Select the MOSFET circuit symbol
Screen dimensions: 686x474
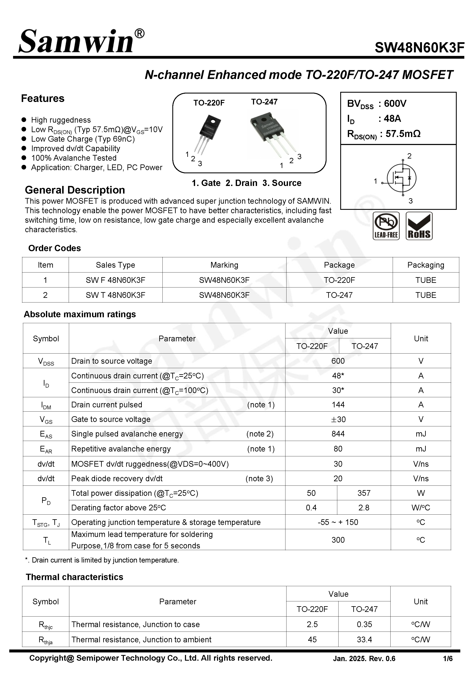(401, 178)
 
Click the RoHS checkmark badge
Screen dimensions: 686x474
(419, 226)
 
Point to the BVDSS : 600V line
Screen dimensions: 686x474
(377, 103)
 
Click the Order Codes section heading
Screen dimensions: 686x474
(54, 248)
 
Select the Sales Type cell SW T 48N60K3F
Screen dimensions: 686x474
(115, 295)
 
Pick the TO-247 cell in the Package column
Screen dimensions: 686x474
(339, 295)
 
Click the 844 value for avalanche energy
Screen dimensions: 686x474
(338, 434)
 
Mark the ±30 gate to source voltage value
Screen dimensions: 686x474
(338, 419)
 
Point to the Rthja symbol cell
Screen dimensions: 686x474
(46, 640)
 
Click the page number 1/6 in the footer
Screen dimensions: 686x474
(448, 659)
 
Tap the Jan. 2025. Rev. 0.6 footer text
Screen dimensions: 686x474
(364, 659)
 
